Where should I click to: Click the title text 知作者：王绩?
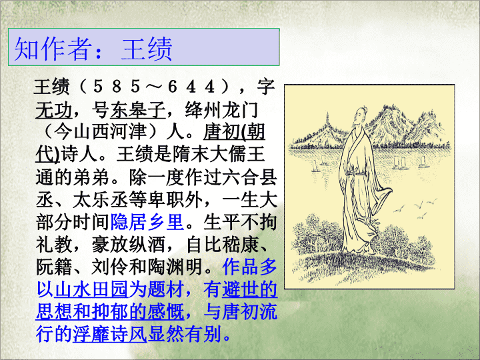point(93,49)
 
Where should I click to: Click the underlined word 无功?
point(54,110)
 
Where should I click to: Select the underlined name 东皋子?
point(138,110)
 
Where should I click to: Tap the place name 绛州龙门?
point(221,110)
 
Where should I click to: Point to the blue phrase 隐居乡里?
point(147,221)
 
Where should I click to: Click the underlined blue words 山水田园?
point(91,289)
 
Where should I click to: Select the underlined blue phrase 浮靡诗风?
point(109,334)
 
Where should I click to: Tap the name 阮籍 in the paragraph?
point(54,267)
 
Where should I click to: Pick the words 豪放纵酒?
point(129,244)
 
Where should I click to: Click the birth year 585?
point(117,87)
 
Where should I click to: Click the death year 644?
point(191,87)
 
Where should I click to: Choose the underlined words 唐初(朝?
point(234,132)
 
